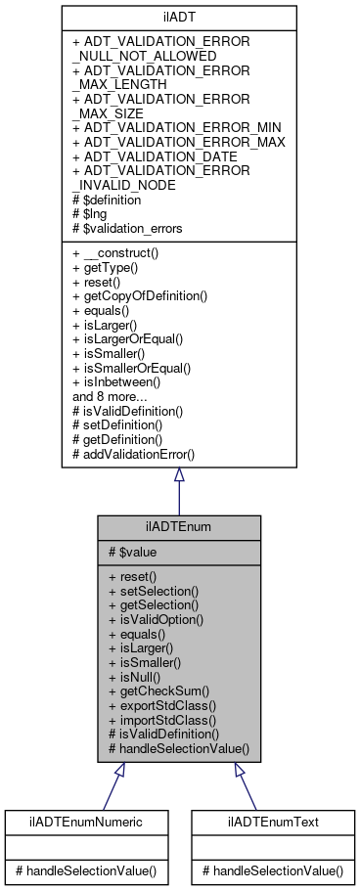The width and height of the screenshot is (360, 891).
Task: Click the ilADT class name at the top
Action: point(178,17)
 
